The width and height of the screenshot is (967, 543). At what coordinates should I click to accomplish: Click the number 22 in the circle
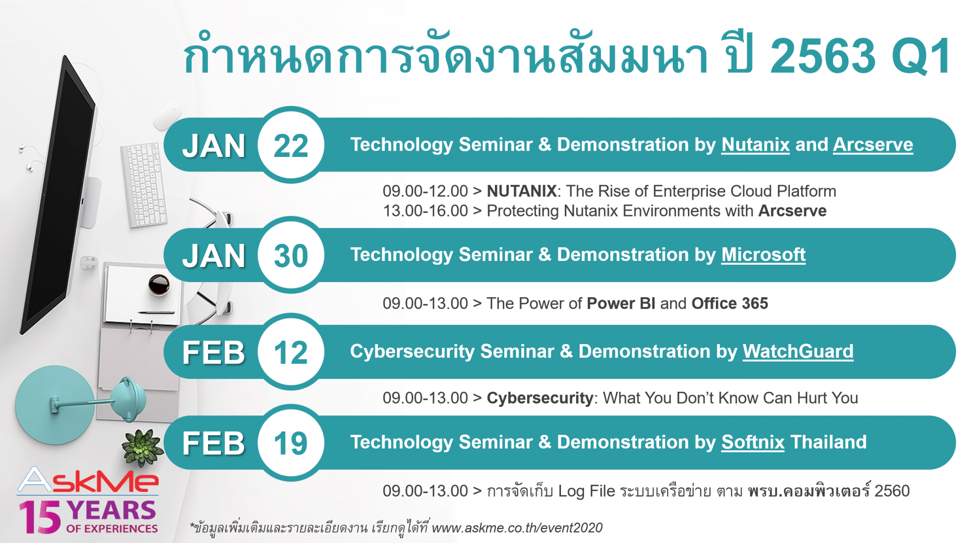pyautogui.click(x=291, y=146)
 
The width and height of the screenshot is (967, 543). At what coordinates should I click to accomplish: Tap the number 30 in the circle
pyautogui.click(x=291, y=256)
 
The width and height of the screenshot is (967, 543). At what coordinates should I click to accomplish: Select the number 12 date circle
pyautogui.click(x=291, y=353)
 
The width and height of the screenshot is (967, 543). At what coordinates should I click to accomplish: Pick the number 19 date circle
pyautogui.click(x=291, y=443)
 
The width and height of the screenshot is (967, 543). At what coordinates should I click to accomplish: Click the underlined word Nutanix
pyautogui.click(x=755, y=145)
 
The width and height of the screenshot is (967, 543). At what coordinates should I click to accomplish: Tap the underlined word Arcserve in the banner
pyautogui.click(x=873, y=145)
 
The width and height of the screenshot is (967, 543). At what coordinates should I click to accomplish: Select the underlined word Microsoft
pyautogui.click(x=763, y=255)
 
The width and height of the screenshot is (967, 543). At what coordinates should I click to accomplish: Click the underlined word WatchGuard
pyautogui.click(x=797, y=352)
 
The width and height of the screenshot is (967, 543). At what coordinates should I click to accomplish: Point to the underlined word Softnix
pyautogui.click(x=753, y=442)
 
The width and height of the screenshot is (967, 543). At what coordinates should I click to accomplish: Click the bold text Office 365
pyautogui.click(x=729, y=303)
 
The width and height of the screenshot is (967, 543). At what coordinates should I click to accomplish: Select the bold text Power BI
pyautogui.click(x=620, y=303)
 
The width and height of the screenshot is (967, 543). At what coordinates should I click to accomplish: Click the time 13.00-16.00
pyautogui.click(x=425, y=211)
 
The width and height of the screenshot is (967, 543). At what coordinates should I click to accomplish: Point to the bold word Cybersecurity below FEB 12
pyautogui.click(x=540, y=398)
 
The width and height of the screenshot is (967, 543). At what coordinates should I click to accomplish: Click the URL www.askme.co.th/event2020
pyautogui.click(x=517, y=527)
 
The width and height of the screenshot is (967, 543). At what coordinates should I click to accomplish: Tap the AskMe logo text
pyautogui.click(x=88, y=481)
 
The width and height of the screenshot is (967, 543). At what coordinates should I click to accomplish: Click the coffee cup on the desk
pyautogui.click(x=159, y=284)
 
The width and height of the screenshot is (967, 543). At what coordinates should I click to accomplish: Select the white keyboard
pyautogui.click(x=144, y=184)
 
